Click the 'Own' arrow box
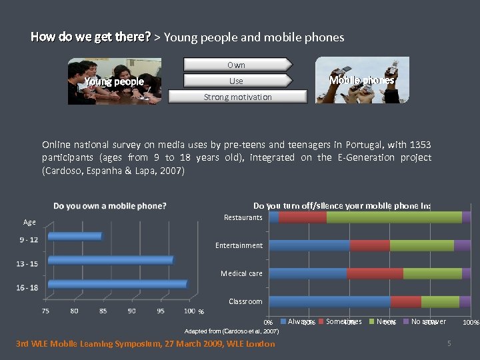coord(237,65)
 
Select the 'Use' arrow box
coord(237,81)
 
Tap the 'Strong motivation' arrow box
coord(237,97)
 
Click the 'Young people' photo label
coord(114,82)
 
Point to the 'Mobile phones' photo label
coord(362,80)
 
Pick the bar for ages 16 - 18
coord(117,284)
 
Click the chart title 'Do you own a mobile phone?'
coord(110,206)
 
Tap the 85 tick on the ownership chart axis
coord(103,311)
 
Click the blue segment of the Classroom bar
coord(329,301)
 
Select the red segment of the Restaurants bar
coord(303,217)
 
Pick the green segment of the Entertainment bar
coord(421,245)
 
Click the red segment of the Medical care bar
coord(375,273)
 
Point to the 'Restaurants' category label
coord(243,217)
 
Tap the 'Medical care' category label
coord(241,273)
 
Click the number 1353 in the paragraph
coord(420,145)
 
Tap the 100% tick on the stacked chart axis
coord(471,323)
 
